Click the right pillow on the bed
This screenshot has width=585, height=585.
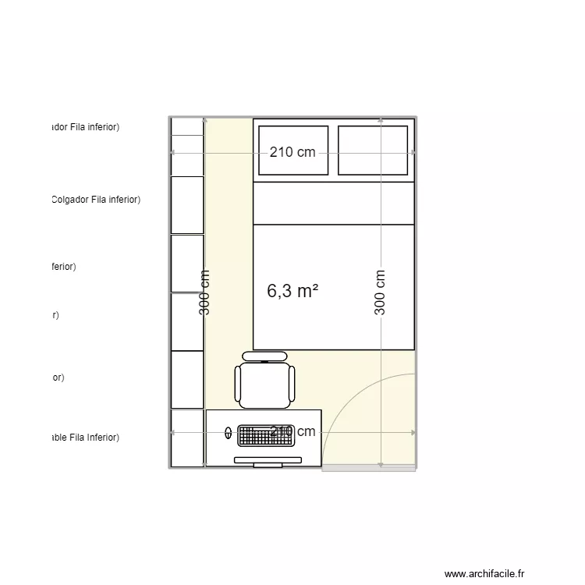[373, 151]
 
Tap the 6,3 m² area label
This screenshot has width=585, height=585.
[292, 291]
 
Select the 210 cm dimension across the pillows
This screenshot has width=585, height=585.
[292, 152]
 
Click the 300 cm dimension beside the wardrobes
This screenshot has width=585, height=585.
[205, 292]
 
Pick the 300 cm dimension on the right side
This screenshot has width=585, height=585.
[380, 292]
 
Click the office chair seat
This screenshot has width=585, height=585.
[265, 382]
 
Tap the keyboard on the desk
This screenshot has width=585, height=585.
[268, 435]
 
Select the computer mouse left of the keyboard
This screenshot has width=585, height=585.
[228, 431]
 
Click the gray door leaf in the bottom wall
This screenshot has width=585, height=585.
[368, 468]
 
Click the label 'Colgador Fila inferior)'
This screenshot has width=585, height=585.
[95, 200]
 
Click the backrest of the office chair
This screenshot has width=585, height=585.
[265, 356]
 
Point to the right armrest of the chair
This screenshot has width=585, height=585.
[292, 383]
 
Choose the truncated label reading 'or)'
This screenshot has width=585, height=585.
[58, 378]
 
